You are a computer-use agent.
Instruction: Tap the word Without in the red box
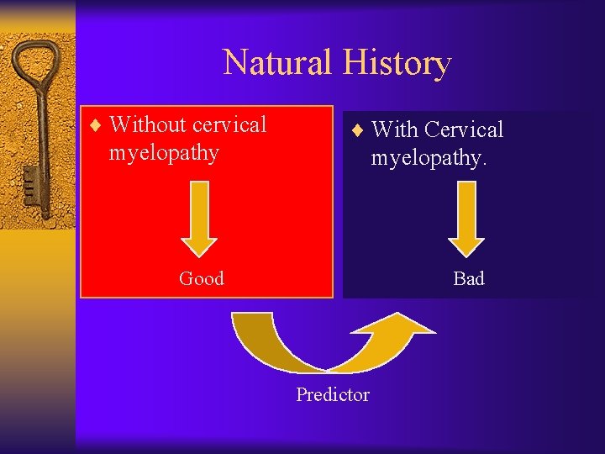tap(148, 124)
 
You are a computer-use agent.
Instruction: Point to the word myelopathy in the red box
tap(164, 153)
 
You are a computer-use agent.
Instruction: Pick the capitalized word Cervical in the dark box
tap(464, 129)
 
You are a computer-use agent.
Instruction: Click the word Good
tap(201, 278)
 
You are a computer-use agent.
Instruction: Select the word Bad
tap(468, 278)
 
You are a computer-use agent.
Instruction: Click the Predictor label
tap(332, 394)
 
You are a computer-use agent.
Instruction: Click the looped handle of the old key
tap(34, 67)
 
